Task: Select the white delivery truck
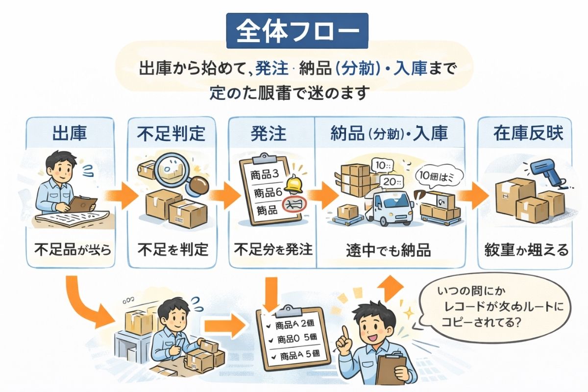[x=392, y=206]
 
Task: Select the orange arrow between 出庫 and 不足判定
[x=121, y=193]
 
